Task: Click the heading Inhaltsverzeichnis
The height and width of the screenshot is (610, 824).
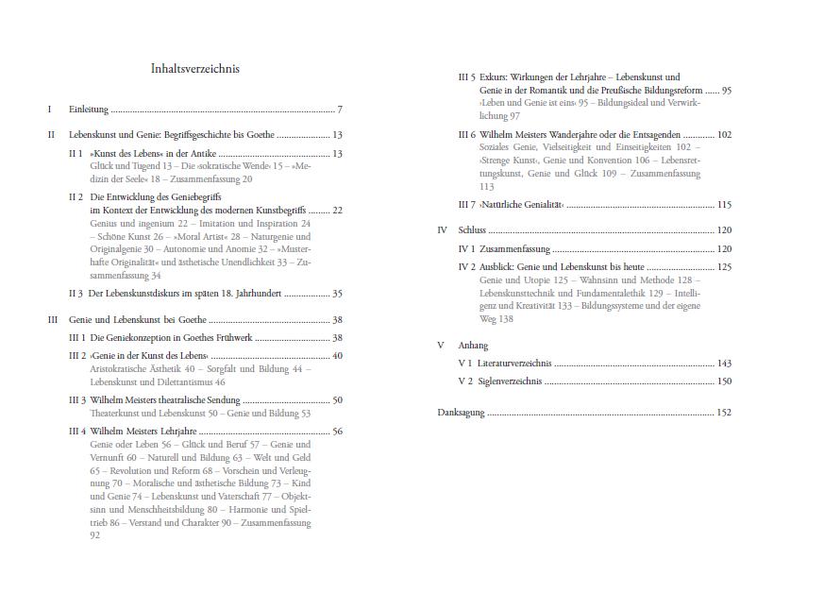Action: coord(194,69)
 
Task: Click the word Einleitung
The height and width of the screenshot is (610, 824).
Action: coord(89,110)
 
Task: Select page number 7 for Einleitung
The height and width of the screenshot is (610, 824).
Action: coord(339,110)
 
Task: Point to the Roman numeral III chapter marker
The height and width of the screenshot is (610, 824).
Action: coord(52,320)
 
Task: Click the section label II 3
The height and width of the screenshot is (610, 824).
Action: coord(76,295)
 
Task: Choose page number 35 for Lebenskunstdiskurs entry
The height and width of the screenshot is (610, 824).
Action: coord(337,295)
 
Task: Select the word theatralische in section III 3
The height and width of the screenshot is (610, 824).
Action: coord(185,400)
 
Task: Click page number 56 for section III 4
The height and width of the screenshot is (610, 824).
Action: coord(337,432)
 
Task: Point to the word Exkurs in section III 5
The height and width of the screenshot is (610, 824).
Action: coord(494,77)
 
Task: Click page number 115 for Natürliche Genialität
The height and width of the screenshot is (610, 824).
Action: coord(724,205)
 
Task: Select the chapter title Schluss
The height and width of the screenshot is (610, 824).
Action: coord(472,230)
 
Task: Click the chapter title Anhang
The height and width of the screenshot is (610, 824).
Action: coord(473,346)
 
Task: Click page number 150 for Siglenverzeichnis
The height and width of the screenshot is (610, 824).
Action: coord(724,381)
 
